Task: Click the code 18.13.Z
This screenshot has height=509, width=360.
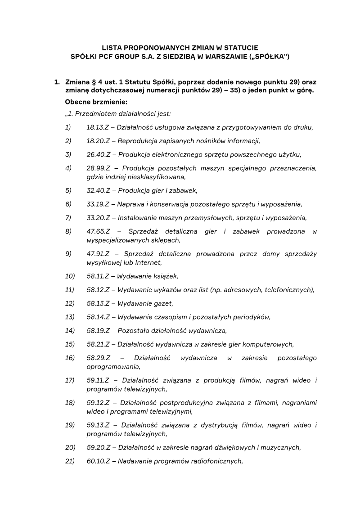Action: tap(98, 127)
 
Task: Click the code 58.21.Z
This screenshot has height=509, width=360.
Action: tap(98, 344)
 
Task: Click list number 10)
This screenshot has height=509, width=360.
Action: tap(69, 276)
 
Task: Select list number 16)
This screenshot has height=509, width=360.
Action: tap(69, 358)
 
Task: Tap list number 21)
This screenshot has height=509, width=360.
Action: tap(69, 461)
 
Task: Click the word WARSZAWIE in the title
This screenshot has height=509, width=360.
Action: tap(221, 57)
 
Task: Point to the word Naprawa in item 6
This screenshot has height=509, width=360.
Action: tap(130, 204)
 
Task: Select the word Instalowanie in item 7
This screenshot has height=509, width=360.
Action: tap(138, 218)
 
